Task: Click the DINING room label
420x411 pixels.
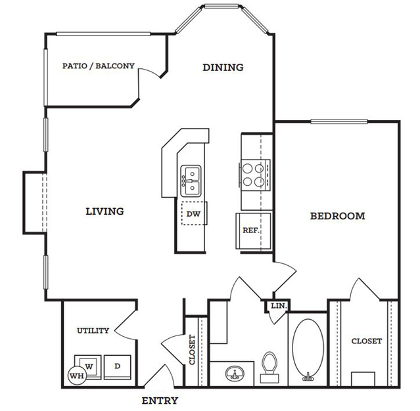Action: coord(223,67)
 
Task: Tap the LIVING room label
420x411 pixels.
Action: coord(105,211)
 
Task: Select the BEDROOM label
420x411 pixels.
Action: coord(337,216)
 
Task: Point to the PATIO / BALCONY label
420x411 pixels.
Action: coord(99,66)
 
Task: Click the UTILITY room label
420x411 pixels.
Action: coord(93,331)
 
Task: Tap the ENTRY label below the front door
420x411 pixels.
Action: coord(160,400)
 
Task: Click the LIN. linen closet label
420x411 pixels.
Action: coord(279,305)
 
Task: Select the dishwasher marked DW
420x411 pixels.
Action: coord(193,213)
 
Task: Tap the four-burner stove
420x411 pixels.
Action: coord(255,175)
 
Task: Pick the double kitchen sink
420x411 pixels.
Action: coord(191,181)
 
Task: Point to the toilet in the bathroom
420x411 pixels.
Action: coord(269,367)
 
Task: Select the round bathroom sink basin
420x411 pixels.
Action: coord(235,373)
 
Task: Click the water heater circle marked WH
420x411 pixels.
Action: coord(77,376)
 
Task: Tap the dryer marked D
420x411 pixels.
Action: coord(117,367)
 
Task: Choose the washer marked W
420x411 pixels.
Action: coord(88,367)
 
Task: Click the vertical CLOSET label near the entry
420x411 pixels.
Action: coord(192,350)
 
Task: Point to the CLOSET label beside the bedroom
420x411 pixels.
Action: coord(366,341)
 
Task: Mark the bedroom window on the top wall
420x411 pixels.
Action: coord(339,121)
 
